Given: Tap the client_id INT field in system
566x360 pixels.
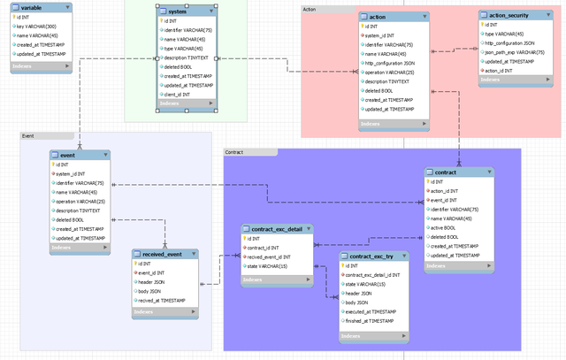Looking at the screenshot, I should click(180, 94).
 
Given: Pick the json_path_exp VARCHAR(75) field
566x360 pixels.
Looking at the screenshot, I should click(518, 52).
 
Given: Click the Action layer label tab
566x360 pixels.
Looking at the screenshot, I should click(310, 9).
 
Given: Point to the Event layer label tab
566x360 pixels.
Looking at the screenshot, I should click(27, 136).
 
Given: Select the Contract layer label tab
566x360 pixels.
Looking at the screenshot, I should click(234, 152).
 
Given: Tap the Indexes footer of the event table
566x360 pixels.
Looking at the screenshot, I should click(62, 248).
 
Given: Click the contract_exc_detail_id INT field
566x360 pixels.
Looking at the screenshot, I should click(376, 275).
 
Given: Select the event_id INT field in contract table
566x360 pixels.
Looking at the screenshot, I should click(444, 200).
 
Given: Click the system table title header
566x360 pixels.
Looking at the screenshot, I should click(178, 11).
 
